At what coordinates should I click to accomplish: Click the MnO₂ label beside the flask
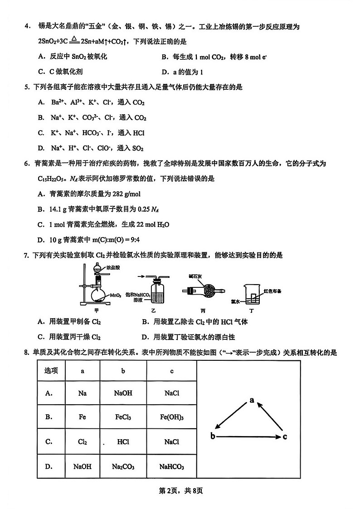coord(115,296)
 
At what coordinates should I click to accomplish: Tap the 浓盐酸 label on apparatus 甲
coord(106,268)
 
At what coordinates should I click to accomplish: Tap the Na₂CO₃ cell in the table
coord(123,466)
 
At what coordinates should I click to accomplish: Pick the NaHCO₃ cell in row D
coord(172,466)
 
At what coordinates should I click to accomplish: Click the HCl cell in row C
coord(123,441)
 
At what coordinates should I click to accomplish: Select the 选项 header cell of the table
coord(51,370)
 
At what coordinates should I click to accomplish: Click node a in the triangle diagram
coord(252,400)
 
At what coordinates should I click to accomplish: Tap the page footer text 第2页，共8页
coord(180,491)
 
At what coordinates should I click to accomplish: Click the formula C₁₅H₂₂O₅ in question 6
coord(54,178)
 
